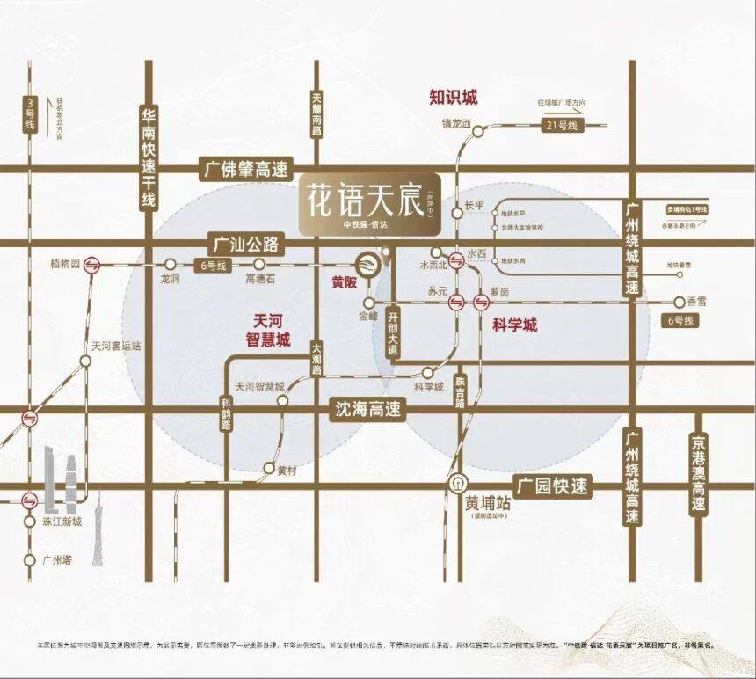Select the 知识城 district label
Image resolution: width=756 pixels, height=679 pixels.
pyautogui.click(x=453, y=96)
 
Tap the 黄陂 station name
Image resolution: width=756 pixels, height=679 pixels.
pyautogui.click(x=345, y=283)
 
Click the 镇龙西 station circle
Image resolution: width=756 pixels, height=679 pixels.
pyautogui.click(x=477, y=132)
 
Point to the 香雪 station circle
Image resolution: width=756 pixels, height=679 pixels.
pyautogui.click(x=679, y=301)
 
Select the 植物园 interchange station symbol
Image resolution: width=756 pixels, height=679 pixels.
pyautogui.click(x=91, y=263)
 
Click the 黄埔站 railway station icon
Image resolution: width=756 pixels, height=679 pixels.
pyautogui.click(x=458, y=483)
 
